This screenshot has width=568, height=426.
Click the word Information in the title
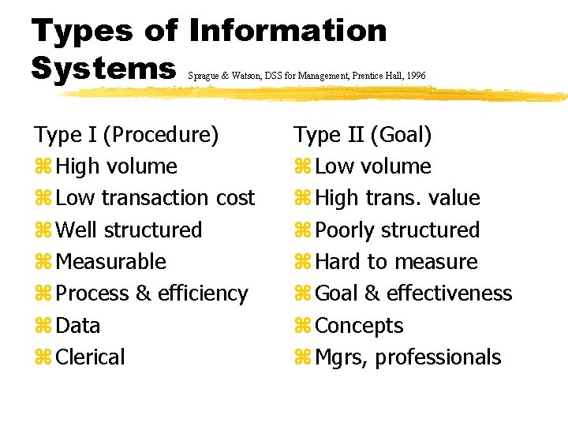point(289,31)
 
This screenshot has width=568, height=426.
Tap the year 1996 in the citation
point(415,76)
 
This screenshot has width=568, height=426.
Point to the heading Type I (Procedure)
point(126,135)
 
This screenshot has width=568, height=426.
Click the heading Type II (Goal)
point(363,135)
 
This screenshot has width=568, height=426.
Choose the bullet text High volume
point(117,166)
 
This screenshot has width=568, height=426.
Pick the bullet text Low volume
point(372,166)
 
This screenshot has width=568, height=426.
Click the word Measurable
point(111,262)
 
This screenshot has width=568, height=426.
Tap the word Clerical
point(91,357)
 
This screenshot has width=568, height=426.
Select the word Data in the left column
point(78,326)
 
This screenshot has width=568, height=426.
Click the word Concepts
point(359,326)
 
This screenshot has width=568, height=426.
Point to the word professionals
point(438,357)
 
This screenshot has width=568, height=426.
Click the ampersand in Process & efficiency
point(143,293)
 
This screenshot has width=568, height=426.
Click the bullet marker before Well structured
point(42,231)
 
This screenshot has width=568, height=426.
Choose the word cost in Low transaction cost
point(235,198)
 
